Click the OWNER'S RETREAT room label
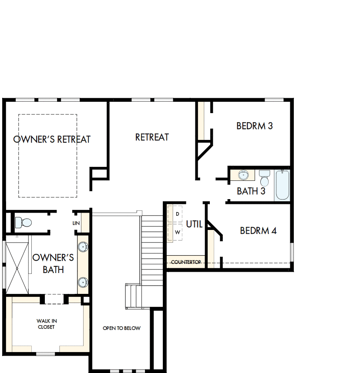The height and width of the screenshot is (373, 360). click(x=52, y=140)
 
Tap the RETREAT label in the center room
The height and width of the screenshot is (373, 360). click(x=152, y=137)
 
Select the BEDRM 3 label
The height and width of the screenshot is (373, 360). click(x=255, y=126)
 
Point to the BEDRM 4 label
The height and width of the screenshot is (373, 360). click(x=258, y=231)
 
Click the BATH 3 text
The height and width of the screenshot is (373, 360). click(x=251, y=191)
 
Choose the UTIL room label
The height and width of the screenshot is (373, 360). click(x=194, y=224)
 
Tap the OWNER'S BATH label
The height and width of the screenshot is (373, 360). click(x=53, y=263)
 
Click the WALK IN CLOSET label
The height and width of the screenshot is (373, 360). click(x=47, y=324)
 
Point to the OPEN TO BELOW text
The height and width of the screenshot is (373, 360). click(x=121, y=328)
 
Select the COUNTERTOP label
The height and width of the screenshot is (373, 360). click(x=186, y=262)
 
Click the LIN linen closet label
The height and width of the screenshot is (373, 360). click(x=76, y=223)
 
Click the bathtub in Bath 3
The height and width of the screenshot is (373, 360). click(x=282, y=186)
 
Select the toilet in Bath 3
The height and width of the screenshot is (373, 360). click(x=264, y=177)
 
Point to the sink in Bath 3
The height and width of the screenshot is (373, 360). click(x=243, y=175)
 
